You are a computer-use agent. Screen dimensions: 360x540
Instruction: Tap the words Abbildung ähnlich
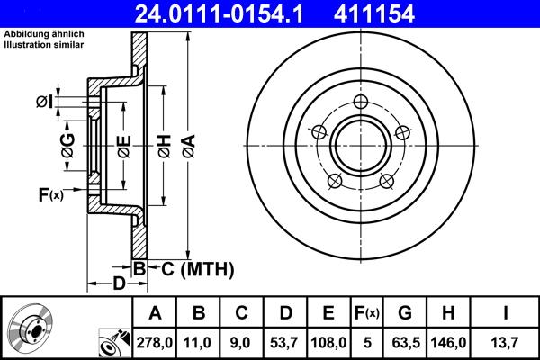pyautogui.click(x=44, y=34)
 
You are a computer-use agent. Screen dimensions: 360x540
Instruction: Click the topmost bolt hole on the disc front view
pyautogui.click(x=361, y=102)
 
